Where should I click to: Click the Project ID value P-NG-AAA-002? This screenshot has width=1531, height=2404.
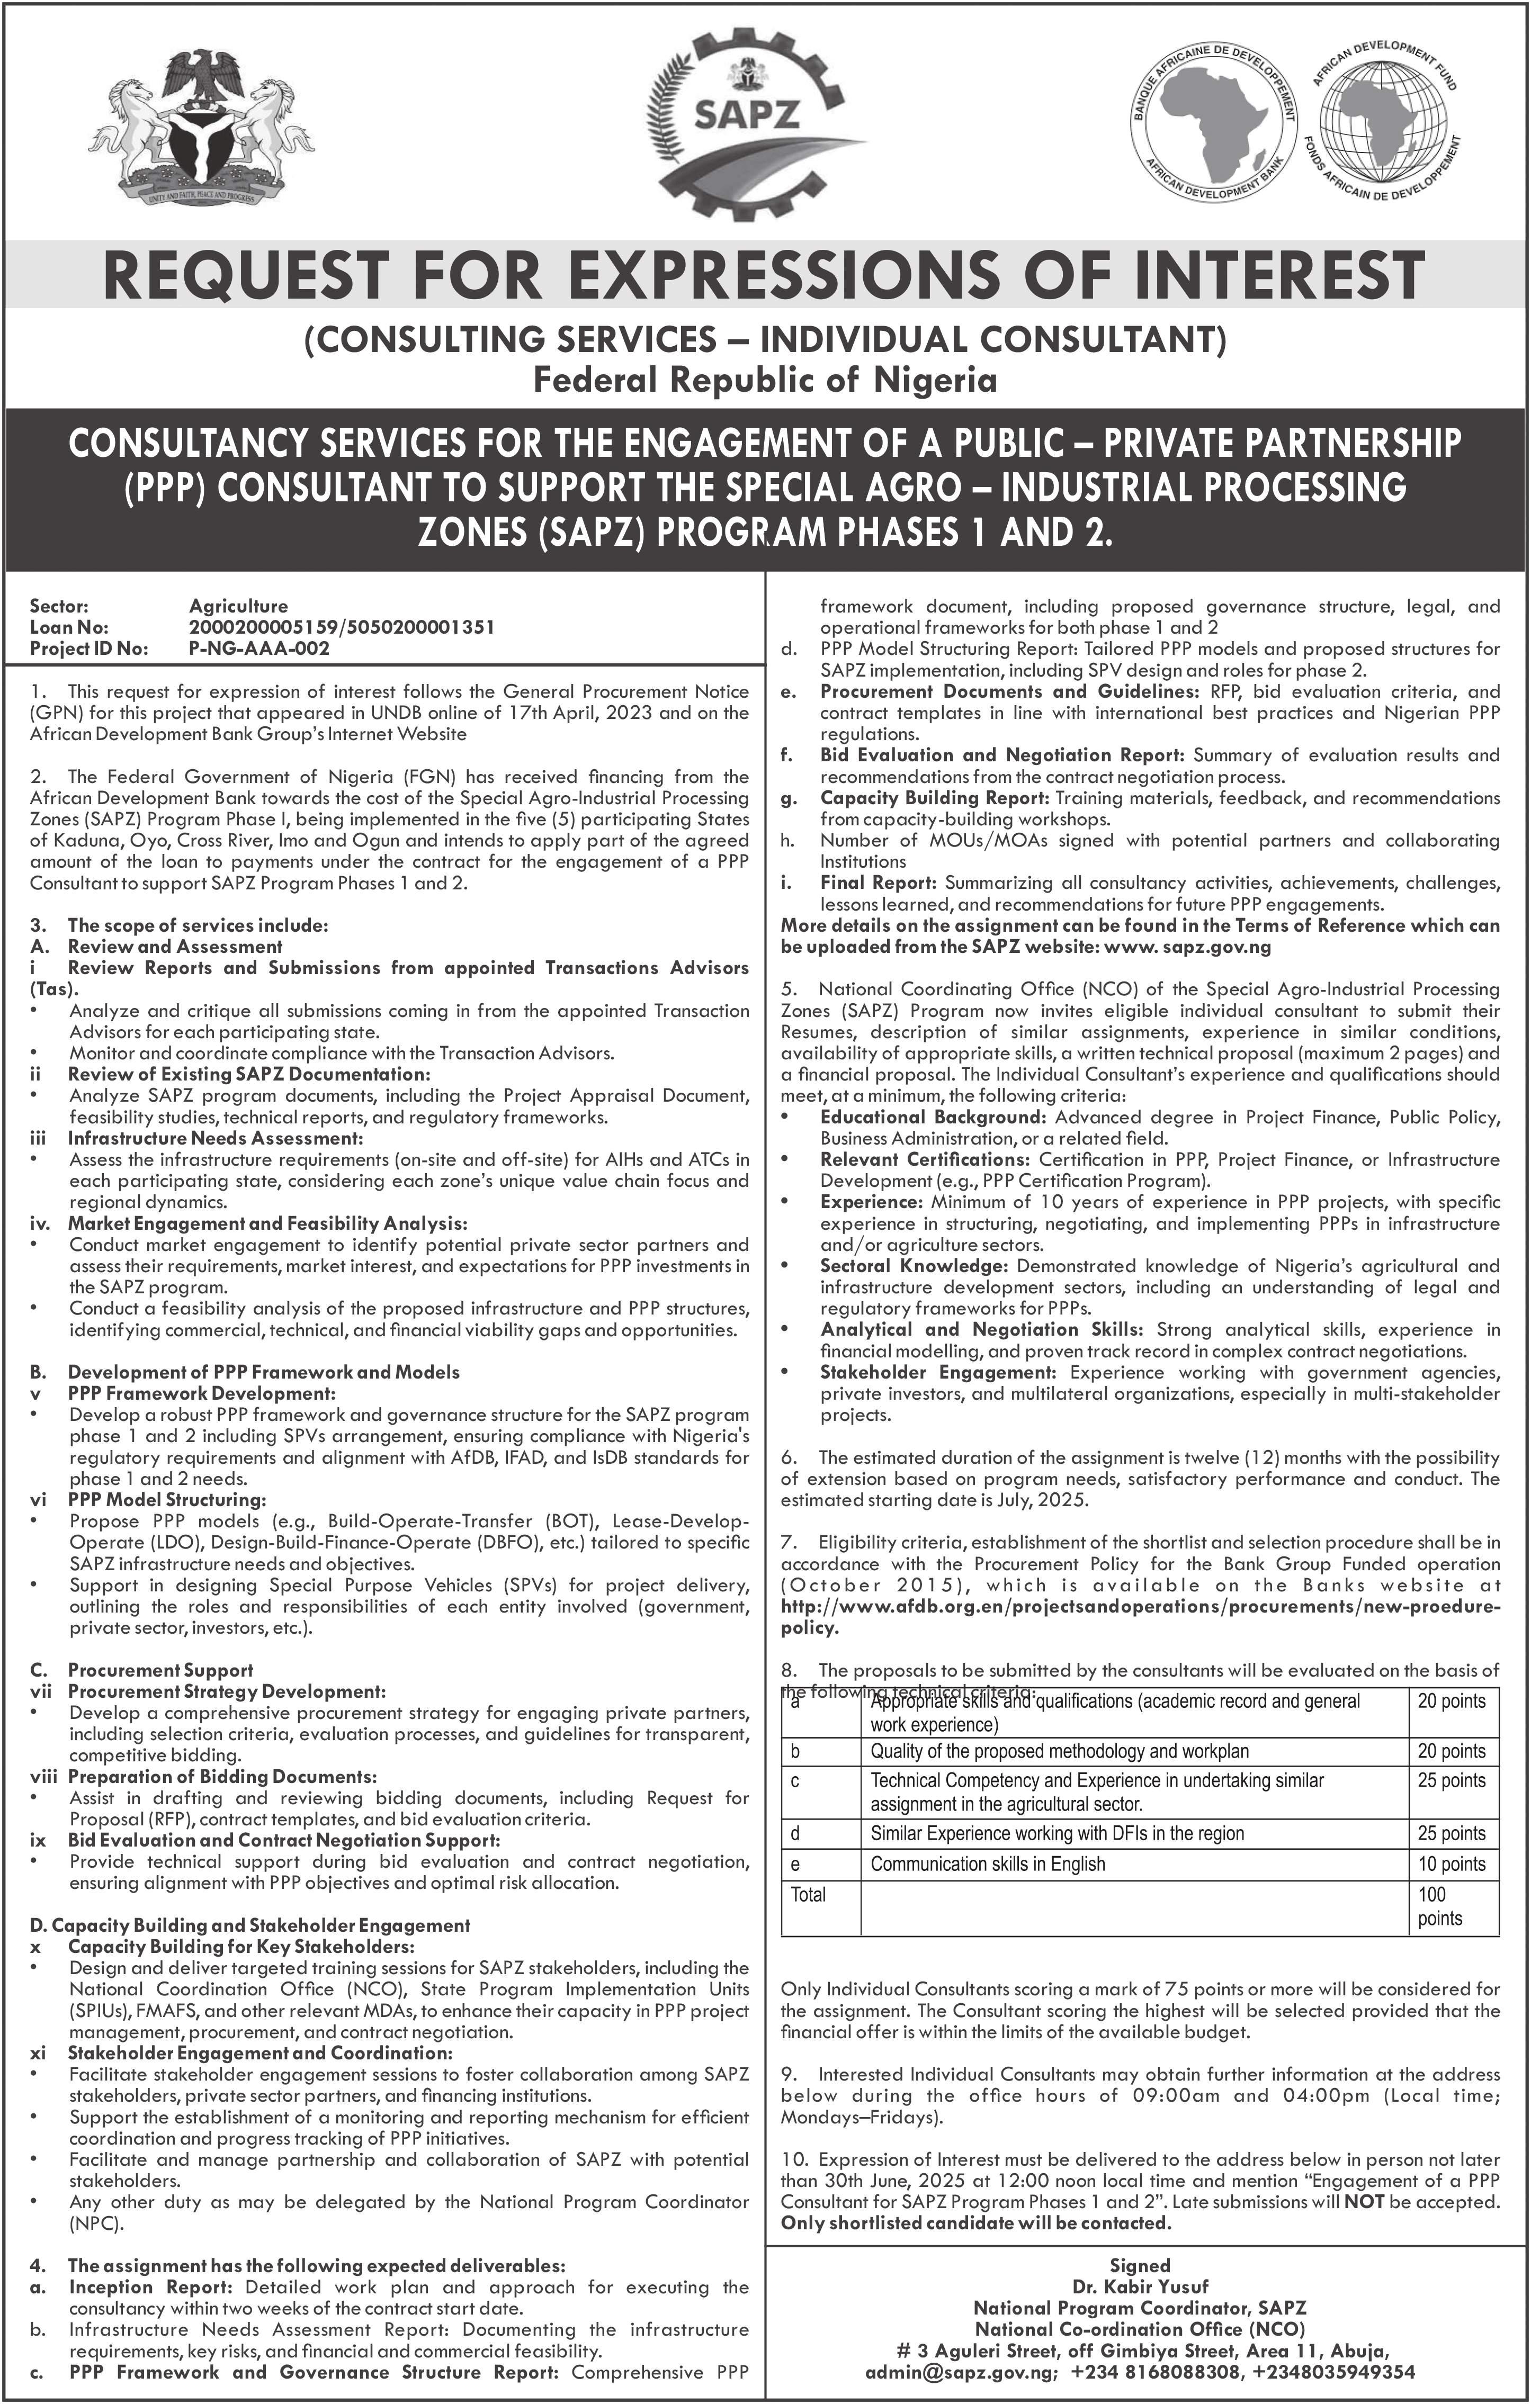258,648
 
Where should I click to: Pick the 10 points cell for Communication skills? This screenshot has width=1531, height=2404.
1451,1864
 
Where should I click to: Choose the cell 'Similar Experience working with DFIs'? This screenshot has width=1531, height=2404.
1057,1833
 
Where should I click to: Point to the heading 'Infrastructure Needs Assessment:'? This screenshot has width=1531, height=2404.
214,1138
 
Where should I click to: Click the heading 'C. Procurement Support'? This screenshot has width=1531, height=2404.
160,1670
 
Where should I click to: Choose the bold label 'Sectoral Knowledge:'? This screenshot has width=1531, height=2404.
913,1266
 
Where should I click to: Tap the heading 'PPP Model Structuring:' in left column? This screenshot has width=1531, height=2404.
167,1499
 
